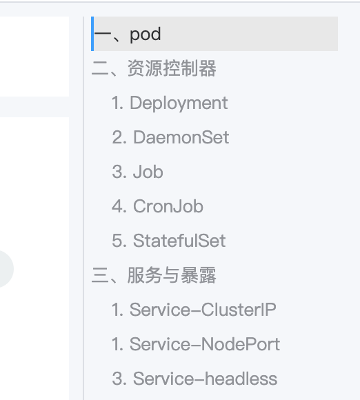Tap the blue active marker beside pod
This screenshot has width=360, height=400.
pyautogui.click(x=92, y=34)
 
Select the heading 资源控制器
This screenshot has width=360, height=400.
pyautogui.click(x=172, y=68)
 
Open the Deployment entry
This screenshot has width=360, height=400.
pyautogui.click(x=170, y=103)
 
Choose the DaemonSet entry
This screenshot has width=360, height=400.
pyautogui.click(x=170, y=137)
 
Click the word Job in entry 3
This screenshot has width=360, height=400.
pyautogui.click(x=148, y=172)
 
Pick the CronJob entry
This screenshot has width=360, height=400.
pyautogui.click(x=157, y=206)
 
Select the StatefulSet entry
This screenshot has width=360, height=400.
pyautogui.click(x=169, y=241)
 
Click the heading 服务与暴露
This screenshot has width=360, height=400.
pyautogui.click(x=172, y=275)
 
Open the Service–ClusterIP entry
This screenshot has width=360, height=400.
pyautogui.click(x=194, y=310)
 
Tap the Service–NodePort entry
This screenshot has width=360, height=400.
pyautogui.click(x=196, y=344)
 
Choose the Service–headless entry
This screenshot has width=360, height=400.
pyautogui.click(x=194, y=379)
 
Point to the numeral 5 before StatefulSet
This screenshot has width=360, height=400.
pyautogui.click(x=117, y=241)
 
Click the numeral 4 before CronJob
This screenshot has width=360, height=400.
pyautogui.click(x=117, y=206)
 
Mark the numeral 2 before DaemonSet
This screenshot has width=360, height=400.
pyautogui.click(x=117, y=138)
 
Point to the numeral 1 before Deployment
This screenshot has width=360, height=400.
pyautogui.click(x=115, y=103)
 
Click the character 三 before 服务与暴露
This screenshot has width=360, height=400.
pyautogui.click(x=100, y=275)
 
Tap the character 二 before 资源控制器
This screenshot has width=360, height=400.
pyautogui.click(x=100, y=69)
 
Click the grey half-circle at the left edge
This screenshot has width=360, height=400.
pyautogui.click(x=7, y=269)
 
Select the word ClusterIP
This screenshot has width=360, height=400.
pyautogui.click(x=239, y=310)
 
